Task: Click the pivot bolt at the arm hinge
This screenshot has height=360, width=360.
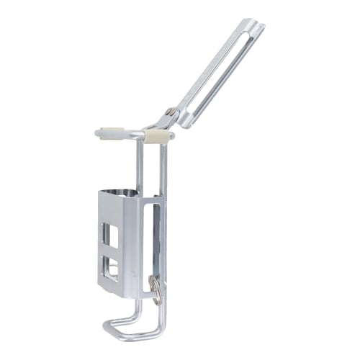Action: (168, 112)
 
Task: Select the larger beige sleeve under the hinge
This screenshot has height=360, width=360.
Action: (158, 135)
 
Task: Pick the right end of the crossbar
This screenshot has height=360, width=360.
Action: (173, 134)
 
